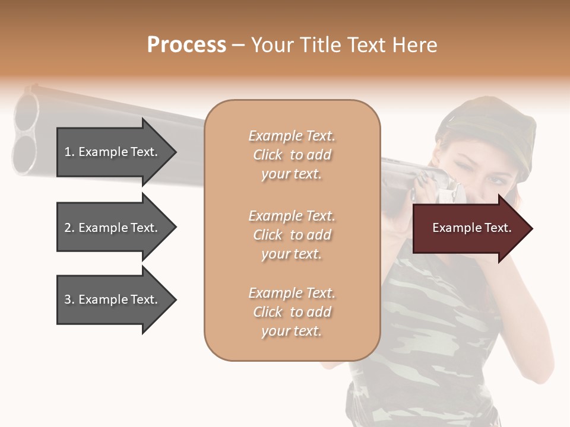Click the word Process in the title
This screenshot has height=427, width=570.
click(186, 45)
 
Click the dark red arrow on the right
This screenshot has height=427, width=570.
click(469, 228)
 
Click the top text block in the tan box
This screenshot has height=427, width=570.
click(292, 155)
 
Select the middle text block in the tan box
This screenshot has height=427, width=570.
click(292, 235)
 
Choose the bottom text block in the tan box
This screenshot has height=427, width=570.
click(292, 312)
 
